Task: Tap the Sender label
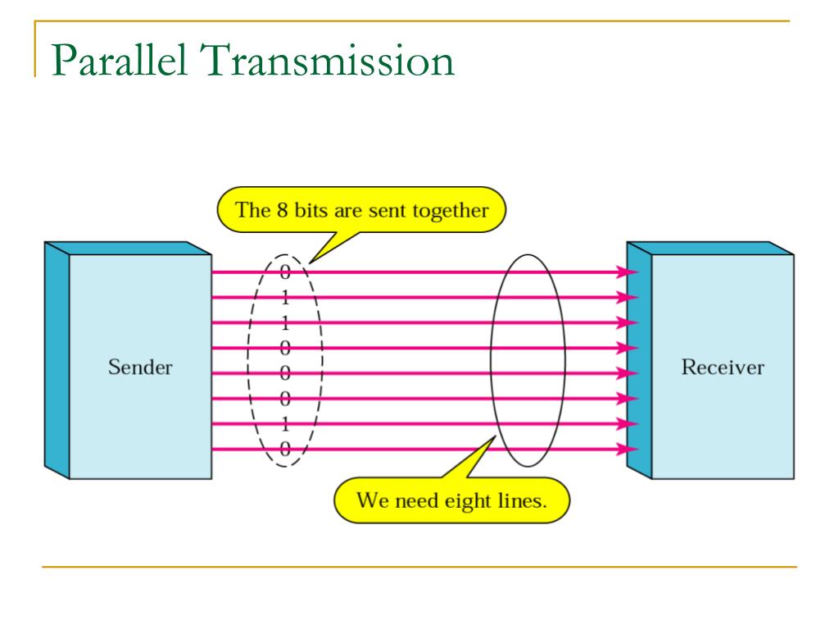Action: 140,366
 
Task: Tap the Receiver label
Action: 722,366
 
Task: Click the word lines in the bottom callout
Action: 522,500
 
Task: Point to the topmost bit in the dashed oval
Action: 285,272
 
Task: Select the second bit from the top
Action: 285,297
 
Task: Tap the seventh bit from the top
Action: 285,424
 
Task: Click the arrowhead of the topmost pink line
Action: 629,272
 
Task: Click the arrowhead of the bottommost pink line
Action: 629,450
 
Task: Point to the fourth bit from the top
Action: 285,348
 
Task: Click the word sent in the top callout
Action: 385,209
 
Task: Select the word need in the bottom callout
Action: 416,500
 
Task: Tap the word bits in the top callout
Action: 307,209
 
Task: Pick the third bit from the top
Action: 285,322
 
